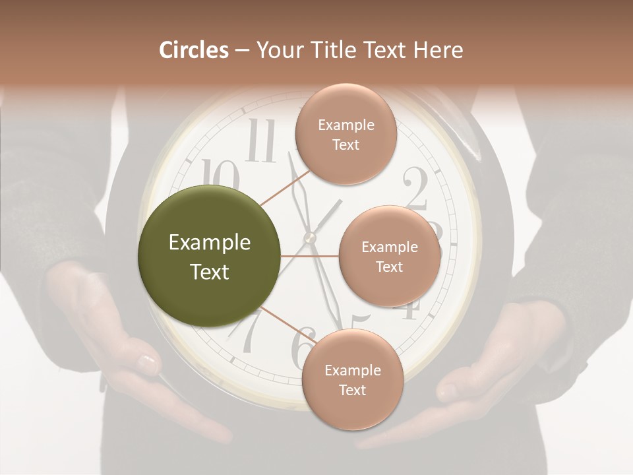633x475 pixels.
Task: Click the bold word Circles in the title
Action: point(194,50)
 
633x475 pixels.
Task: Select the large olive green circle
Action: point(209,256)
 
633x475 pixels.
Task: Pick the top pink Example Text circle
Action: point(346,135)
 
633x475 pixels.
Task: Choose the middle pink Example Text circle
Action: point(389,256)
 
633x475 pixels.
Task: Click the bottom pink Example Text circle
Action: point(352,380)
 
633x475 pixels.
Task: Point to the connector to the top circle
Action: point(285,186)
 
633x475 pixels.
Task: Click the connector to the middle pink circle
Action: point(309,256)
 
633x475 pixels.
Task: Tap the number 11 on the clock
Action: point(262,142)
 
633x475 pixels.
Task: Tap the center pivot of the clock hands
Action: point(310,237)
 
